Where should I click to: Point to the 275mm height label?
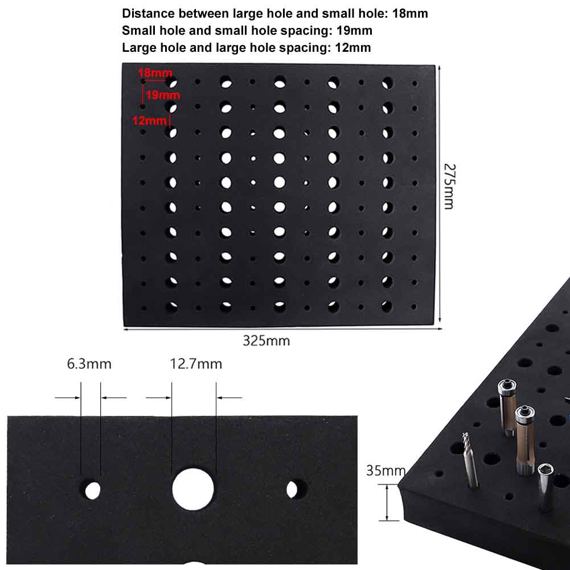(449, 186)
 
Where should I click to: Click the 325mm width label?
(266, 341)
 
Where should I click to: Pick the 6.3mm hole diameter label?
(89, 364)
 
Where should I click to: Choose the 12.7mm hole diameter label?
(196, 364)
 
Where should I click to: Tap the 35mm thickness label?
(386, 471)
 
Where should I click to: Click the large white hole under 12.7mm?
(193, 489)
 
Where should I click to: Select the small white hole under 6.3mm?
(92, 489)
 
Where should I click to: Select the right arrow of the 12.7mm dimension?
(229, 397)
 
